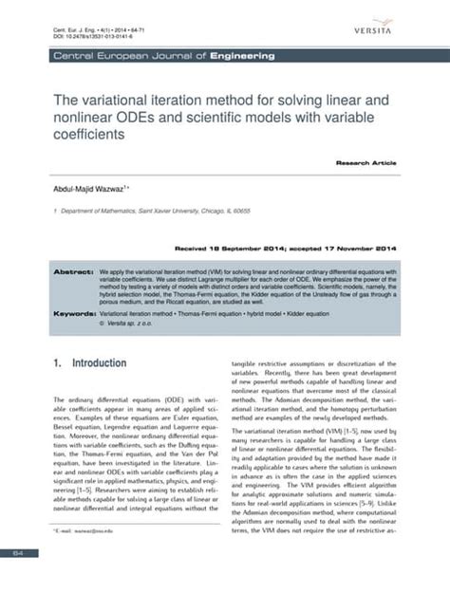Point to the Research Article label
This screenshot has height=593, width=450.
click(365, 164)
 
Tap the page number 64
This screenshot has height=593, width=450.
click(16, 552)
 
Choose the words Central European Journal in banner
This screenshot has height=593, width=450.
click(115, 57)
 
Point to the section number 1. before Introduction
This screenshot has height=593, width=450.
click(58, 363)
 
